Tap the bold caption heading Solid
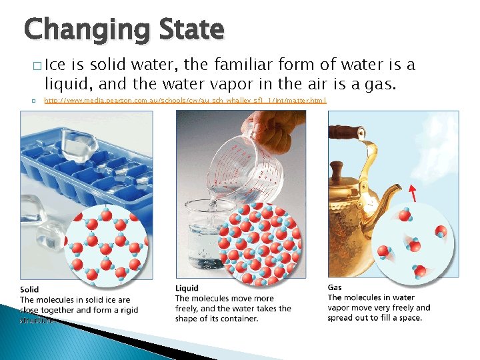[29, 289]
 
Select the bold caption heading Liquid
[187, 289]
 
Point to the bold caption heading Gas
[335, 287]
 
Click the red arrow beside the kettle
[413, 193]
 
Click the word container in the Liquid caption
[238, 319]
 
